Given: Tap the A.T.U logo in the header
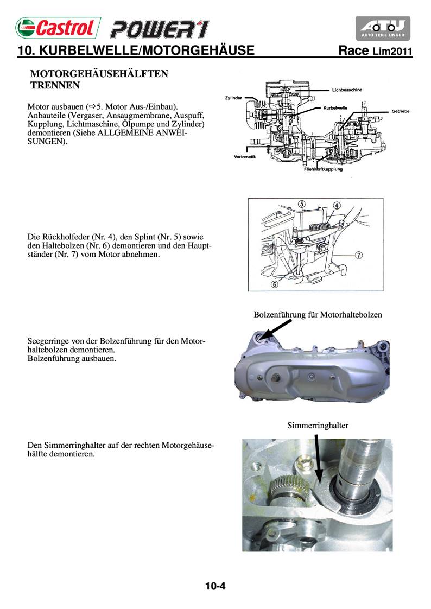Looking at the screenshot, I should click(x=383, y=28).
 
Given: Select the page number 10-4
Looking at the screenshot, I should click(x=215, y=586).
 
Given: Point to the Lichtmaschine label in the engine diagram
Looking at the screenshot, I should click(x=347, y=90).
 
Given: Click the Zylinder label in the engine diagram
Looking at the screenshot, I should click(x=234, y=98).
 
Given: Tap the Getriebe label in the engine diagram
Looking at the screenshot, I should click(x=400, y=111).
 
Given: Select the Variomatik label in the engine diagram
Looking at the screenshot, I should click(x=241, y=157).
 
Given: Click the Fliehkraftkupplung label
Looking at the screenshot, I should click(x=323, y=169).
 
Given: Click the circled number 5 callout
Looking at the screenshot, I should click(x=301, y=204).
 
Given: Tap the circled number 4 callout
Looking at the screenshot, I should click(x=337, y=205).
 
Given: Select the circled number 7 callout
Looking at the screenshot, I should click(x=359, y=254).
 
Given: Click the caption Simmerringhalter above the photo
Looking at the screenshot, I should click(x=318, y=426).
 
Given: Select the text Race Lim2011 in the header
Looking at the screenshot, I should click(x=375, y=52).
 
